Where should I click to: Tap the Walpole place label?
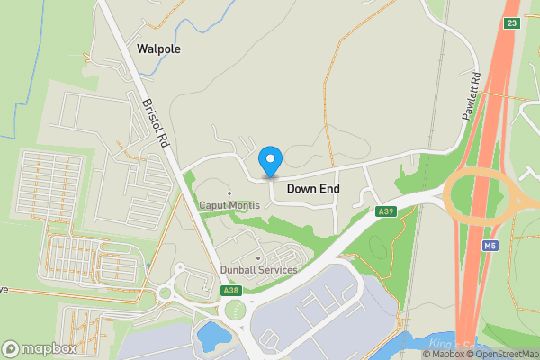pyautogui.click(x=158, y=49)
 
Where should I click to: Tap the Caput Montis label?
pyautogui.click(x=229, y=205)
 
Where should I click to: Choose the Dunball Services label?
pyautogui.click(x=258, y=270)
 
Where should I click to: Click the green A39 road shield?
pyautogui.click(x=386, y=211)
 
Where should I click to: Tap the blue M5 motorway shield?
pyautogui.click(x=490, y=246)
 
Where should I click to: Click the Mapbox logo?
pyautogui.click(x=39, y=348)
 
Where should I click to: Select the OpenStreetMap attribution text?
pyautogui.click(x=503, y=354)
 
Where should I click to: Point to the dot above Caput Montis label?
pyautogui.click(x=229, y=193)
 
